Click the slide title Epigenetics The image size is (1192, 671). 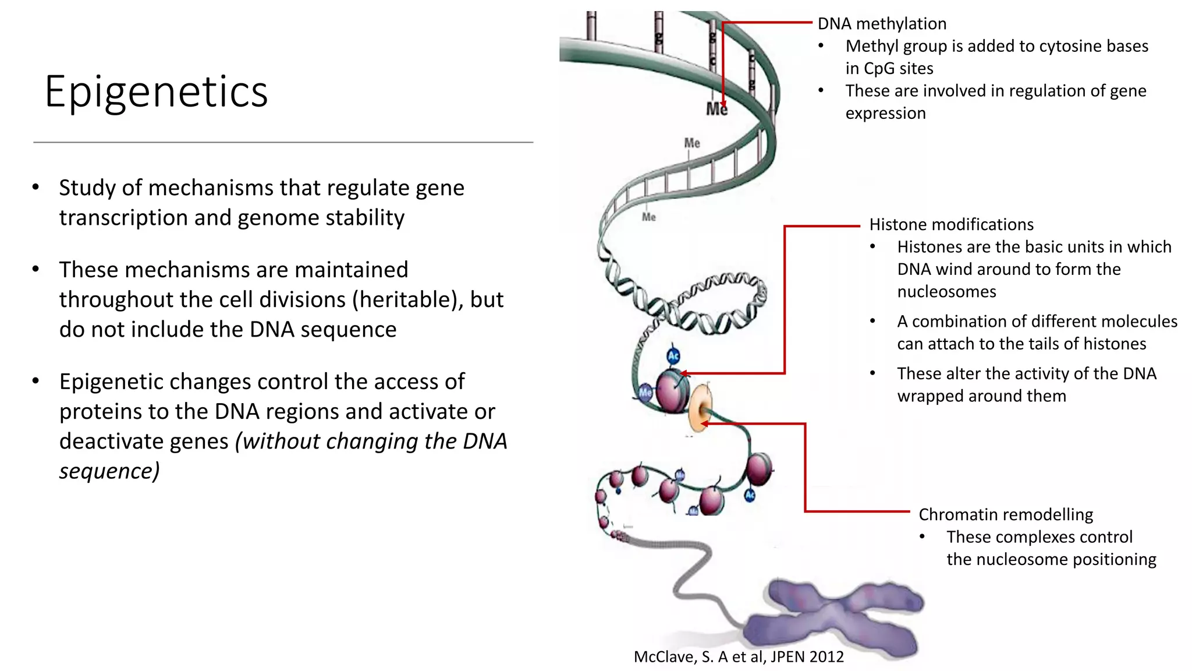[156, 92]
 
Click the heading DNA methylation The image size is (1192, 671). [882, 24]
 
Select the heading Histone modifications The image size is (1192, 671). [951, 225]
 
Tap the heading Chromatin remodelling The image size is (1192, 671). [1005, 515]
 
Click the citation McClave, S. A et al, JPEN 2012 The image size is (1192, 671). [738, 657]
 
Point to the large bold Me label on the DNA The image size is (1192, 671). [716, 110]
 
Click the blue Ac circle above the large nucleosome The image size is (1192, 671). [673, 356]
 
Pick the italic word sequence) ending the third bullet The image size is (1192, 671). [109, 471]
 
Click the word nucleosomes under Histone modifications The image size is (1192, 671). [946, 292]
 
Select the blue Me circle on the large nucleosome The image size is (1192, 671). [645, 393]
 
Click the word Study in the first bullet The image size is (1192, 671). [87, 189]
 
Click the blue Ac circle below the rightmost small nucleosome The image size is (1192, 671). [750, 495]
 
